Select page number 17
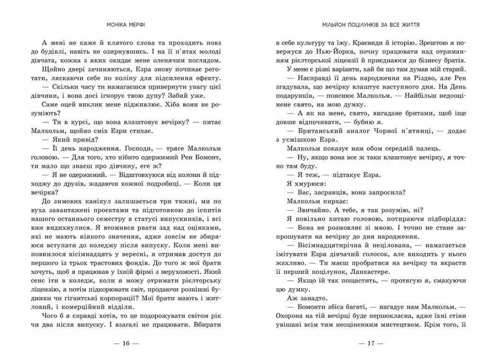click(372, 342)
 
